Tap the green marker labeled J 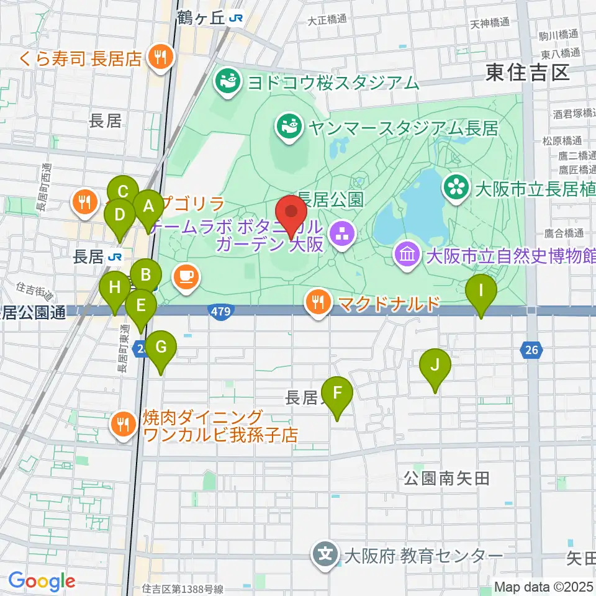pyautogui.click(x=435, y=365)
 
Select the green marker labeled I pyautogui.click(x=481, y=290)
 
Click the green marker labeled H pyautogui.click(x=115, y=287)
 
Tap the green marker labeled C pyautogui.click(x=123, y=191)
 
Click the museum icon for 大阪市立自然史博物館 pyautogui.click(x=407, y=255)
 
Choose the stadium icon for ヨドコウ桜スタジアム pyautogui.click(x=227, y=81)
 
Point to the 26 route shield pyautogui.click(x=530, y=351)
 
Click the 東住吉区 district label pyautogui.click(x=528, y=73)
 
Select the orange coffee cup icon pyautogui.click(x=187, y=276)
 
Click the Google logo pyautogui.click(x=41, y=582)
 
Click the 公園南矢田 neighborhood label pyautogui.click(x=447, y=478)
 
